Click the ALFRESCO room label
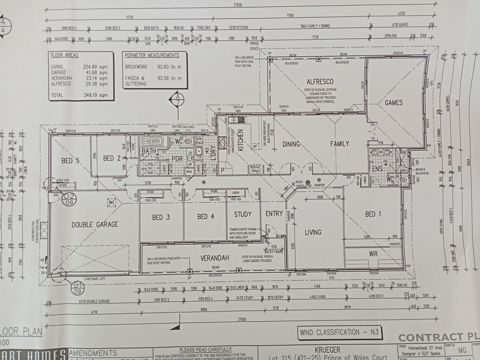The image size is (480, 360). click(x=320, y=82)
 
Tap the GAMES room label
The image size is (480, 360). click(x=394, y=103)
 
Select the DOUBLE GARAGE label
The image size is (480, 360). click(x=95, y=224)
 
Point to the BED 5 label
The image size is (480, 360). click(x=70, y=161)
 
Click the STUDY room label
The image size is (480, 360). click(x=243, y=214)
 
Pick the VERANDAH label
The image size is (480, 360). click(x=215, y=258)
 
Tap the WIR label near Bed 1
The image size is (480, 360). click(x=373, y=254)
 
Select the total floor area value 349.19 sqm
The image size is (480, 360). click(x=95, y=95)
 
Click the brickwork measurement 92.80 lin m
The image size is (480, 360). click(x=169, y=67)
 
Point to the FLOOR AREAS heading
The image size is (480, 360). click(x=65, y=55)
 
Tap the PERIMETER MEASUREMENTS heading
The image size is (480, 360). click(x=152, y=55)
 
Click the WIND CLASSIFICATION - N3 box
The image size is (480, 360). click(x=339, y=332)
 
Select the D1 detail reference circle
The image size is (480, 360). click(x=78, y=287)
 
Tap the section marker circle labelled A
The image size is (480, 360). click(x=178, y=98)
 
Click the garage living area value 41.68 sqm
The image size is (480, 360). click(x=95, y=72)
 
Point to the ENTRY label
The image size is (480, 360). click(x=274, y=214)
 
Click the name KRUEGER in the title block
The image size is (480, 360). click(x=328, y=350)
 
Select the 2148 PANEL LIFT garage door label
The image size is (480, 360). click(x=94, y=279)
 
